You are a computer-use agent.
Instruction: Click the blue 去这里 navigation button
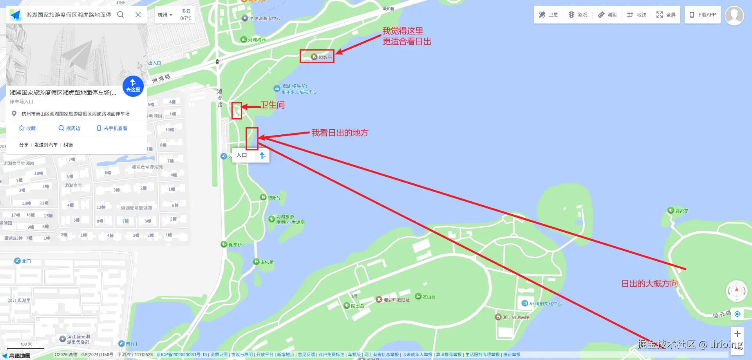(133, 86)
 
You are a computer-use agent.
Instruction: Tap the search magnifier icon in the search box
(121, 14)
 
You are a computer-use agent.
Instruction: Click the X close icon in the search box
(138, 14)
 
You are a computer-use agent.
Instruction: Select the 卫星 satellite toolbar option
(548, 14)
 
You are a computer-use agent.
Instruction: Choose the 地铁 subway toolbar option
(636, 14)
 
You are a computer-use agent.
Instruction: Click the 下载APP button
(703, 14)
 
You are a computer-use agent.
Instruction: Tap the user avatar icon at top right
(734, 16)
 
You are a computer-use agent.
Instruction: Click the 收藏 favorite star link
(27, 128)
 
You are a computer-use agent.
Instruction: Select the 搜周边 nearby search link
(69, 128)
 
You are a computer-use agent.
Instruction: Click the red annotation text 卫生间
(273, 105)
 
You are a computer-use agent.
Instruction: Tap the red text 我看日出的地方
(340, 133)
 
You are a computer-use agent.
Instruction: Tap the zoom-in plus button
(737, 334)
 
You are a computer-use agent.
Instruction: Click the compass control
(736, 291)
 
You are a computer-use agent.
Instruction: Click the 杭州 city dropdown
(165, 15)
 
